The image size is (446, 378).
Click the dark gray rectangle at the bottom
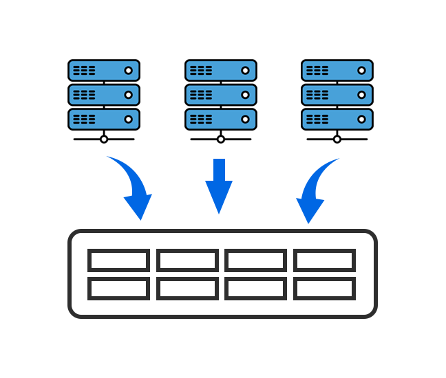222,274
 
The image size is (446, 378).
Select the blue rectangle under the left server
129,188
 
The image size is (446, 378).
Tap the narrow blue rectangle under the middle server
218,186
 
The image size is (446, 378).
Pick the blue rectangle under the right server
318,191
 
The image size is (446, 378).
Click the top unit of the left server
104,71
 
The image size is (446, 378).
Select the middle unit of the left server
104,95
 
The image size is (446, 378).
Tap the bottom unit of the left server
104,119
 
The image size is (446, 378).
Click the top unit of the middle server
220,71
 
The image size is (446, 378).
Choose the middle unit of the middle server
220,95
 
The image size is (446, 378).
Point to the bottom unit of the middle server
220,119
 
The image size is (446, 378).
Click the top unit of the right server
337,71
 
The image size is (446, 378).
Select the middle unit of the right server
337,95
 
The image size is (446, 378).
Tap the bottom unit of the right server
337,119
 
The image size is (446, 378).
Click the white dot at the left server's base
104,139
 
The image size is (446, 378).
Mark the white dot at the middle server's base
221,139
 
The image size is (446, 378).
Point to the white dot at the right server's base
337,139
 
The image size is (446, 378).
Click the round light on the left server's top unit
128,71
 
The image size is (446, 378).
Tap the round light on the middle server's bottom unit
245,119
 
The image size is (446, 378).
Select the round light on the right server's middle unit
361,95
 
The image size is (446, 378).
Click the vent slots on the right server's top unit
317,71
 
